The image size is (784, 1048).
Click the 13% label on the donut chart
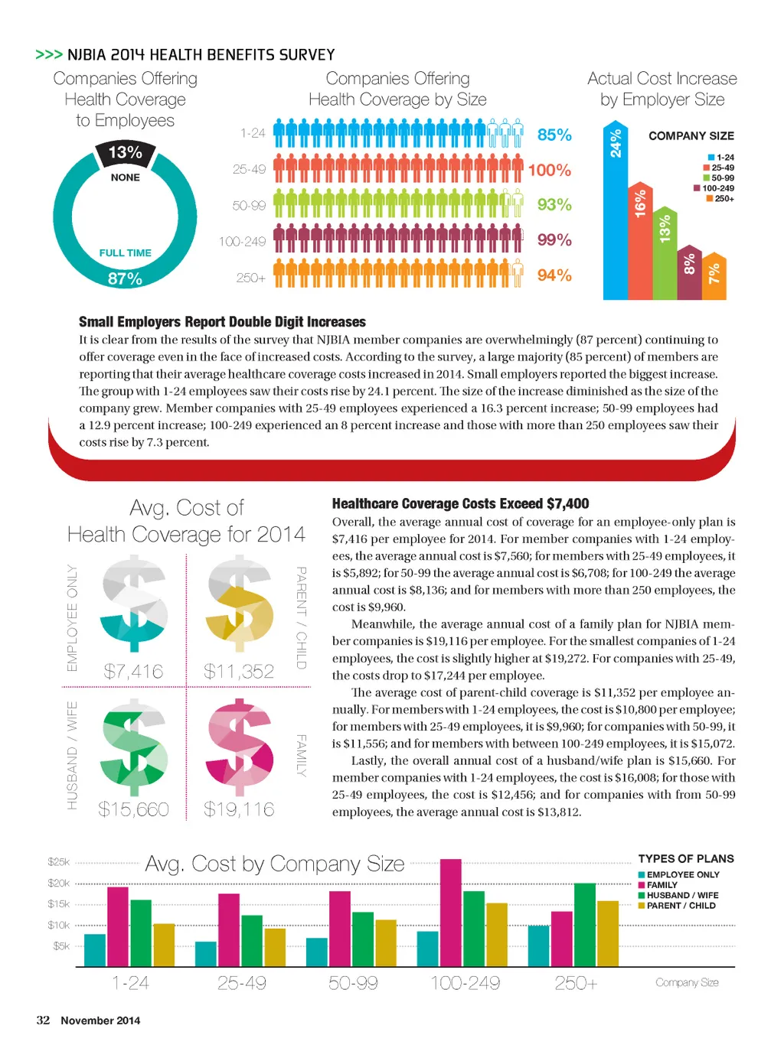126,153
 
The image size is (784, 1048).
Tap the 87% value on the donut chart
125,279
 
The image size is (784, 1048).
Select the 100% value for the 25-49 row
550,170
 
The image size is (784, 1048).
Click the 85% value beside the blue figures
554,135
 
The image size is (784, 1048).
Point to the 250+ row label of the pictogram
250,278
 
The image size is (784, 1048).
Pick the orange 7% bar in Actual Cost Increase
714,276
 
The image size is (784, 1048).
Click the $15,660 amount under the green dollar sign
133,809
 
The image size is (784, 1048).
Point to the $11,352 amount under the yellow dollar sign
239,672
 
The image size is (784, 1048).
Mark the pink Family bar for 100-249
451,913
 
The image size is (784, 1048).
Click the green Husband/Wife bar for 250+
584,925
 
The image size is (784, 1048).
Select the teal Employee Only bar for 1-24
95,950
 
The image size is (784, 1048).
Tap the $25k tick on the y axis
58,862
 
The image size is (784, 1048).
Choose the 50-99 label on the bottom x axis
353,983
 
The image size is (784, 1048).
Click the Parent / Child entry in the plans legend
681,906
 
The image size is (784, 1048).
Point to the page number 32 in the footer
43,1020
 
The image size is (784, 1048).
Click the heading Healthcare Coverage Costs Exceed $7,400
460,503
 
